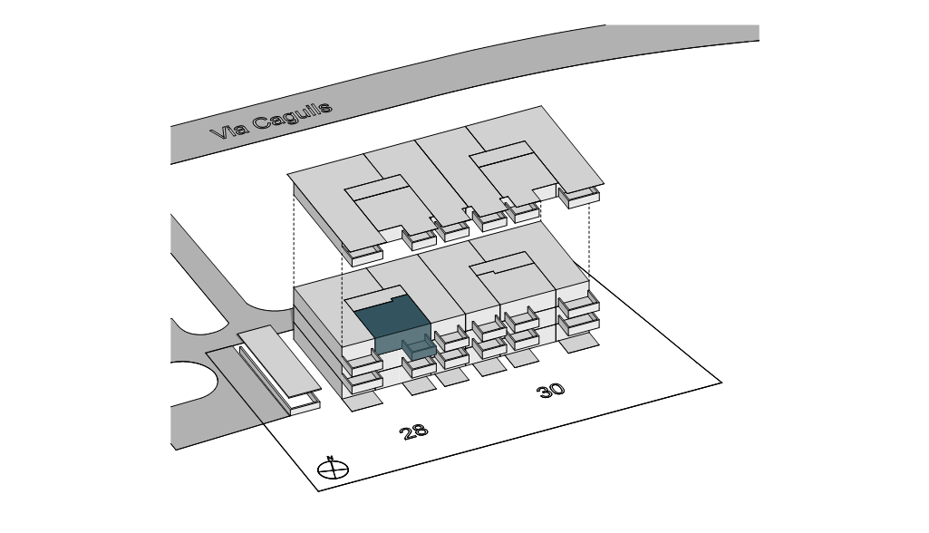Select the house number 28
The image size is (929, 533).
pos(413,431)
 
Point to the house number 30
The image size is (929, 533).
pos(550,391)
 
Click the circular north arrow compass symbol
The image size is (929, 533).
pos(333,470)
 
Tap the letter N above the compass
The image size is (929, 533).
pos(330,457)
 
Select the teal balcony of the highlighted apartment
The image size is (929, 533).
pos(419,346)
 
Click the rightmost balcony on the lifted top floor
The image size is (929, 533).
pos(578,196)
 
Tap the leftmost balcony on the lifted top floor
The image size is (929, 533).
pos(362,255)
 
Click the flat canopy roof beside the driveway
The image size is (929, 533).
pos(279,360)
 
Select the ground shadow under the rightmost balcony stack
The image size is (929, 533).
pos(580,343)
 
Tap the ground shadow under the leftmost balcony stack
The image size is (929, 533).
pos(363,402)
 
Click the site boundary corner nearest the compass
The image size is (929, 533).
pos(319,491)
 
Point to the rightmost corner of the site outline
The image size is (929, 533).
pos(721,383)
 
